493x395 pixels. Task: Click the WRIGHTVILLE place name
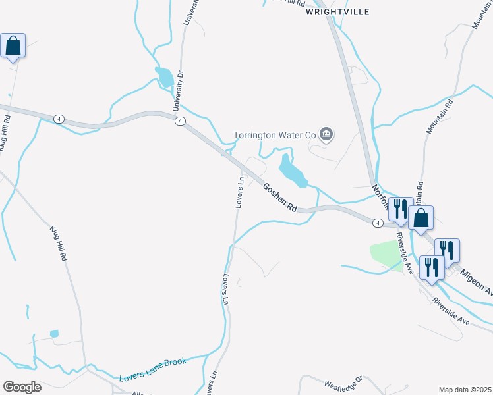pos(337,12)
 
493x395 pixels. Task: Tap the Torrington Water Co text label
pos(275,136)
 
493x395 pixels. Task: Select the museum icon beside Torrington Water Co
pos(326,135)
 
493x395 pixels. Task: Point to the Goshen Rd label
pos(280,197)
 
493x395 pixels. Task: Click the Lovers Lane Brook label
pos(153,370)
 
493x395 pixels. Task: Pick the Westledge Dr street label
pos(343,382)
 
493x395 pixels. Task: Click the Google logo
pos(22,386)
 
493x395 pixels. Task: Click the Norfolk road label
pos(381,197)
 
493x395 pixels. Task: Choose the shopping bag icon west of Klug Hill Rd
pos(13,46)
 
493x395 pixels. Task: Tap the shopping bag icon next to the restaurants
pos(420,218)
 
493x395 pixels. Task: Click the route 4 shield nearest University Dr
pos(179,120)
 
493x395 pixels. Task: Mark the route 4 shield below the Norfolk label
pos(377,223)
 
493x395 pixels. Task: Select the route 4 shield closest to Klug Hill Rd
pos(59,118)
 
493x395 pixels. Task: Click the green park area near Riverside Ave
pos(386,255)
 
